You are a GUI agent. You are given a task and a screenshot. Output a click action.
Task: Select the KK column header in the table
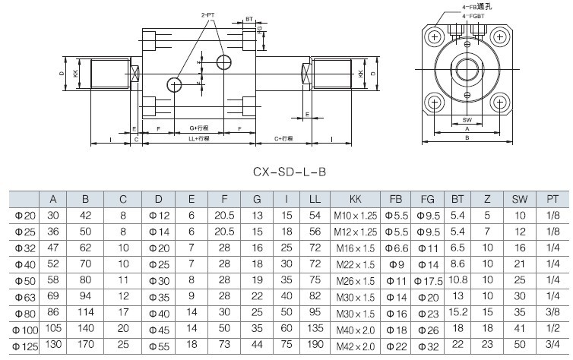coord(356,199)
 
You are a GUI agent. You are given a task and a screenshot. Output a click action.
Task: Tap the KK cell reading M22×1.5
coord(356,264)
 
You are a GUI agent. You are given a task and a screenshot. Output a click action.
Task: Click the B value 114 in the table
coord(85,311)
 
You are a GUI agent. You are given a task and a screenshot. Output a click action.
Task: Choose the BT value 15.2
coord(457,311)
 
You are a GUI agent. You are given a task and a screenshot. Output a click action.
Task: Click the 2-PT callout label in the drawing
coord(208,15)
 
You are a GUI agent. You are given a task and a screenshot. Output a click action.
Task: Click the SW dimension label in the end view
coord(467,119)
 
